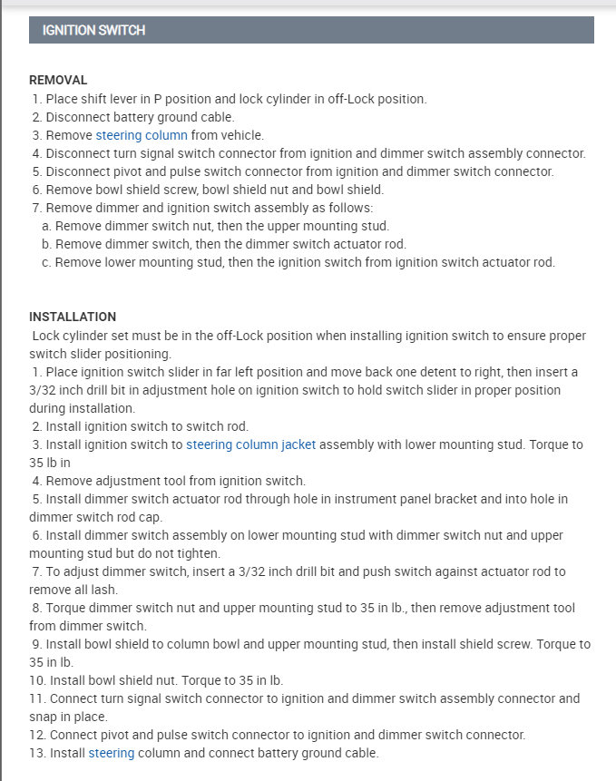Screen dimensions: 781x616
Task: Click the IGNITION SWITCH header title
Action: tap(93, 30)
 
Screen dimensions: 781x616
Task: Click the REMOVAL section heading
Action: tap(58, 80)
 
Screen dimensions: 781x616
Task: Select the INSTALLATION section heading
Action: tap(73, 317)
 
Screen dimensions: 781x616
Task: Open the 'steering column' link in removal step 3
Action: tap(142, 135)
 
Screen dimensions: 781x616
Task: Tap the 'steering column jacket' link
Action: tap(251, 444)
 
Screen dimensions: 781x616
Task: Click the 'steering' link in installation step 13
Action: tap(111, 753)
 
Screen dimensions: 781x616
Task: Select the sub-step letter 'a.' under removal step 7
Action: tap(46, 226)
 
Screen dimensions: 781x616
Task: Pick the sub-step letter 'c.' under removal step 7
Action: tap(46, 262)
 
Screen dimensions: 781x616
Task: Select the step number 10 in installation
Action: tap(37, 680)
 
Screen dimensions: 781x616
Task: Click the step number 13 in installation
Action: tap(37, 753)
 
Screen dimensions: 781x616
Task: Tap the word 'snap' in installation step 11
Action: tap(43, 717)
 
